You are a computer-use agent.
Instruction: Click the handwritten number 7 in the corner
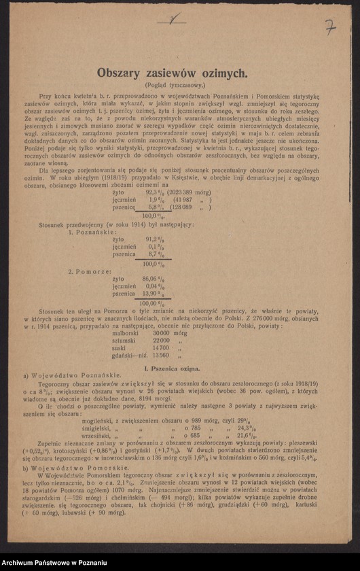tap(329, 27)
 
